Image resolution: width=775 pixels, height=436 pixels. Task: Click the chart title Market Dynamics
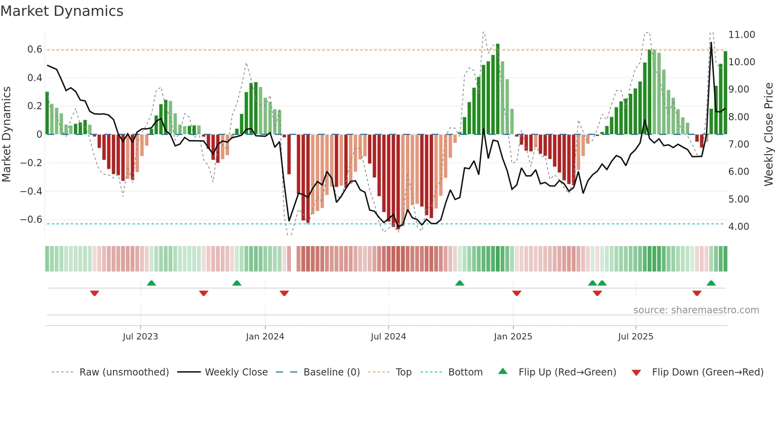pos(62,11)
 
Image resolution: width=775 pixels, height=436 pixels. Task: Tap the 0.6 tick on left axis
pos(34,49)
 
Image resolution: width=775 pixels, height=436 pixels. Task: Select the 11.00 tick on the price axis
pos(741,35)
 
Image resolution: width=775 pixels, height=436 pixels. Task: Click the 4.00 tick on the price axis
pos(739,227)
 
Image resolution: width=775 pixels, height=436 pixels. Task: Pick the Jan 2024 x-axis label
pos(265,337)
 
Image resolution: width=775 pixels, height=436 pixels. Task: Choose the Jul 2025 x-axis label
pos(635,337)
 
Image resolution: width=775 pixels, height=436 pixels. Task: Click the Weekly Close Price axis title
pos(768,134)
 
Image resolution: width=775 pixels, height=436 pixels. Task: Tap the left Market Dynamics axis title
pos(6,134)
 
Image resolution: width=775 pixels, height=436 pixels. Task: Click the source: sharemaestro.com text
pos(696,310)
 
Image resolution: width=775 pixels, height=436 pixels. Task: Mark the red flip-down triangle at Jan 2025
pos(516,293)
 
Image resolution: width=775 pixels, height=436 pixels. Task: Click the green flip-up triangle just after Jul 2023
pos(151,283)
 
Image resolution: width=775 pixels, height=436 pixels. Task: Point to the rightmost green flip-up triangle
pos(711,283)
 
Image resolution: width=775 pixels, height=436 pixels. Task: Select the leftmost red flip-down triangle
pos(95,293)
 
